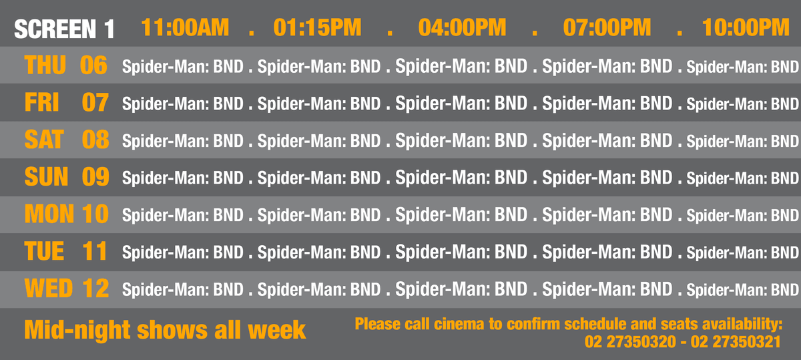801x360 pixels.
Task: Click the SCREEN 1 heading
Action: point(64,29)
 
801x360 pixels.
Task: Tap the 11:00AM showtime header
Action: point(185,27)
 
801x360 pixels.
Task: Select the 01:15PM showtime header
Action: point(318,27)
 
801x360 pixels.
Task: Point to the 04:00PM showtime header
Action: point(463,27)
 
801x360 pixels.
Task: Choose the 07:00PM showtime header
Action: point(607,27)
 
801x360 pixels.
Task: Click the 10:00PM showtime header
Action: point(746,27)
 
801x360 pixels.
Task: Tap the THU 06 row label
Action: point(66,65)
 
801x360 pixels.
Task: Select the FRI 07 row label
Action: point(67,102)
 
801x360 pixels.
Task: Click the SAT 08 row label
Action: point(67,140)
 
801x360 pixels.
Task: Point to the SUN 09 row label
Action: point(67,177)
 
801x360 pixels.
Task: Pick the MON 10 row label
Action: point(67,214)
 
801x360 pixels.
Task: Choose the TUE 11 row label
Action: point(66,251)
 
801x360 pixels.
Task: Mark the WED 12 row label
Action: point(67,289)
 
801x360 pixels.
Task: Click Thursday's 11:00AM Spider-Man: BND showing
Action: point(183,67)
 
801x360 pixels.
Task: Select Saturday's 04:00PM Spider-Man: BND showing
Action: point(461,141)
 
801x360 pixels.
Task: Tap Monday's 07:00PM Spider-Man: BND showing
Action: point(607,215)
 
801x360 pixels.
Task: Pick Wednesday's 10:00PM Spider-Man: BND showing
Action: point(743,290)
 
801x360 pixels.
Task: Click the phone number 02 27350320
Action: point(630,342)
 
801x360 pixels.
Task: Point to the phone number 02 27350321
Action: point(736,342)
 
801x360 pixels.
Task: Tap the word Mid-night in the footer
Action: point(77,330)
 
